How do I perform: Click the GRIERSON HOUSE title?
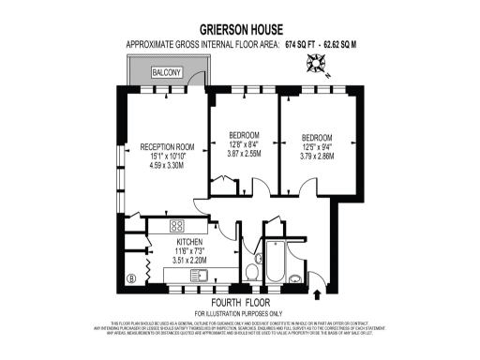(x=239, y=28)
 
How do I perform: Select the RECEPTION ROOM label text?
(x=167, y=147)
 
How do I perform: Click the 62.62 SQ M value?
(x=346, y=44)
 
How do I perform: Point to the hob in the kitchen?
(x=176, y=225)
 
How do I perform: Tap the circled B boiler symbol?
(x=131, y=277)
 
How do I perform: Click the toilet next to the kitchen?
(x=253, y=273)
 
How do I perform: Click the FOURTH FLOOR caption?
(x=239, y=302)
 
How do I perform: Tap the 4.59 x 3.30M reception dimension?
(x=167, y=165)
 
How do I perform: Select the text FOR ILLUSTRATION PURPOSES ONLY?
(x=239, y=312)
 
